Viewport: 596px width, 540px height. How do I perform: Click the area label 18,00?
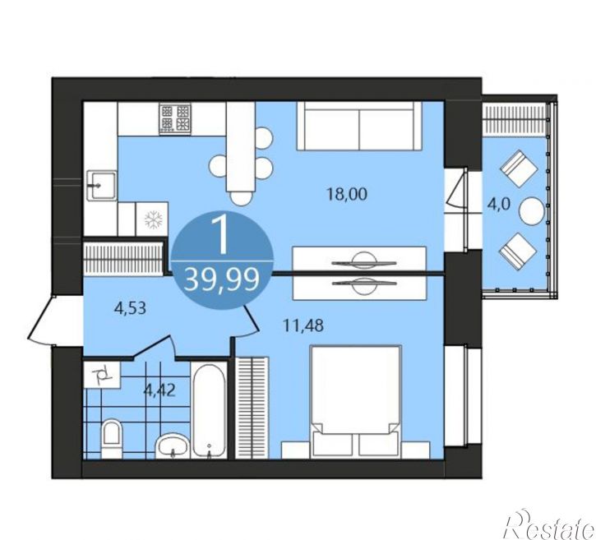pos(347,194)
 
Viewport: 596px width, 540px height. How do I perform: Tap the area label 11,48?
pos(303,325)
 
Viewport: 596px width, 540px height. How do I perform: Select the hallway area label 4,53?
pos(130,308)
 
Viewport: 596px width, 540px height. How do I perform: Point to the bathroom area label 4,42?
pos(159,390)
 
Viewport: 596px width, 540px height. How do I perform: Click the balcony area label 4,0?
pos(498,205)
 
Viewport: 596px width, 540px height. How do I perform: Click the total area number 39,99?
pos(222,279)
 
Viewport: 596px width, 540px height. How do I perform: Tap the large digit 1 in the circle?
pos(221,237)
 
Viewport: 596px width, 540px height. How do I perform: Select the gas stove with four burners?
pos(175,118)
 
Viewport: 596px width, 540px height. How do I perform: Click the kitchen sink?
pos(101,186)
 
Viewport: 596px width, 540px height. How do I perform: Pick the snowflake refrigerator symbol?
pos(153,219)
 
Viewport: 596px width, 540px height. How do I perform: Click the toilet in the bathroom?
pos(111,438)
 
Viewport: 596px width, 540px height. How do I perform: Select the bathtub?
pos(208,410)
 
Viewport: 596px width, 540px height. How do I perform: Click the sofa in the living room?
pos(359,126)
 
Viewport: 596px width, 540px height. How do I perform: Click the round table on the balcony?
pos(532,212)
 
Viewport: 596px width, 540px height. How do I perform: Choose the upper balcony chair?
pos(519,168)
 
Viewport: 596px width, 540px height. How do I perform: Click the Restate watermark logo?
pos(550,525)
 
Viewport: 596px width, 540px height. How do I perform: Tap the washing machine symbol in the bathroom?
pos(102,375)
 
